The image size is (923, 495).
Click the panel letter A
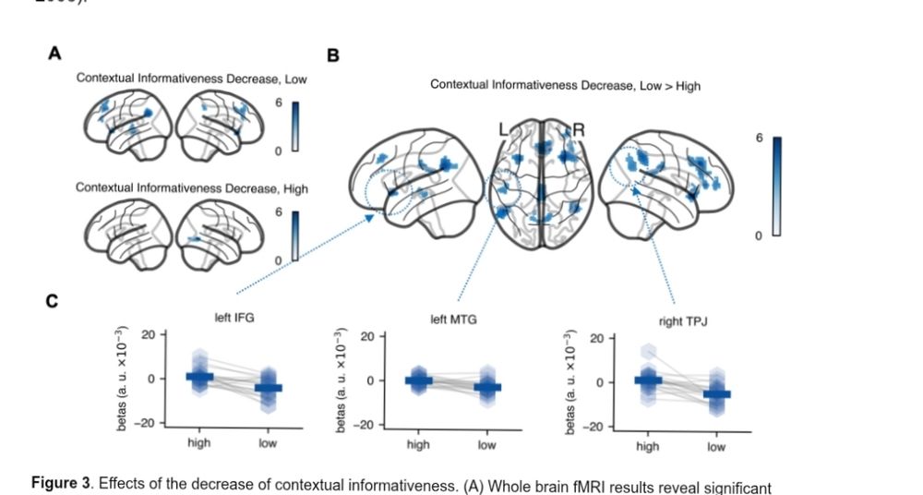54,54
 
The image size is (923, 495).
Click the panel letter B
333,56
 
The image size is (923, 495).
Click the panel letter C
54,303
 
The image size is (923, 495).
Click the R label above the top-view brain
579,130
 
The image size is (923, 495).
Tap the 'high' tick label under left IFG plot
198,443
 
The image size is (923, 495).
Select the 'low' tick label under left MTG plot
486,445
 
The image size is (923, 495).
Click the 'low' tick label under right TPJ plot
716,448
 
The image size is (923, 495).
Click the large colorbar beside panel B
776,186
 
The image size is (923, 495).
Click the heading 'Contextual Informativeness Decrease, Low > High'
565,85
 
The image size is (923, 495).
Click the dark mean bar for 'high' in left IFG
199,376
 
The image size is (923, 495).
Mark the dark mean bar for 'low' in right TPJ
716,394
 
